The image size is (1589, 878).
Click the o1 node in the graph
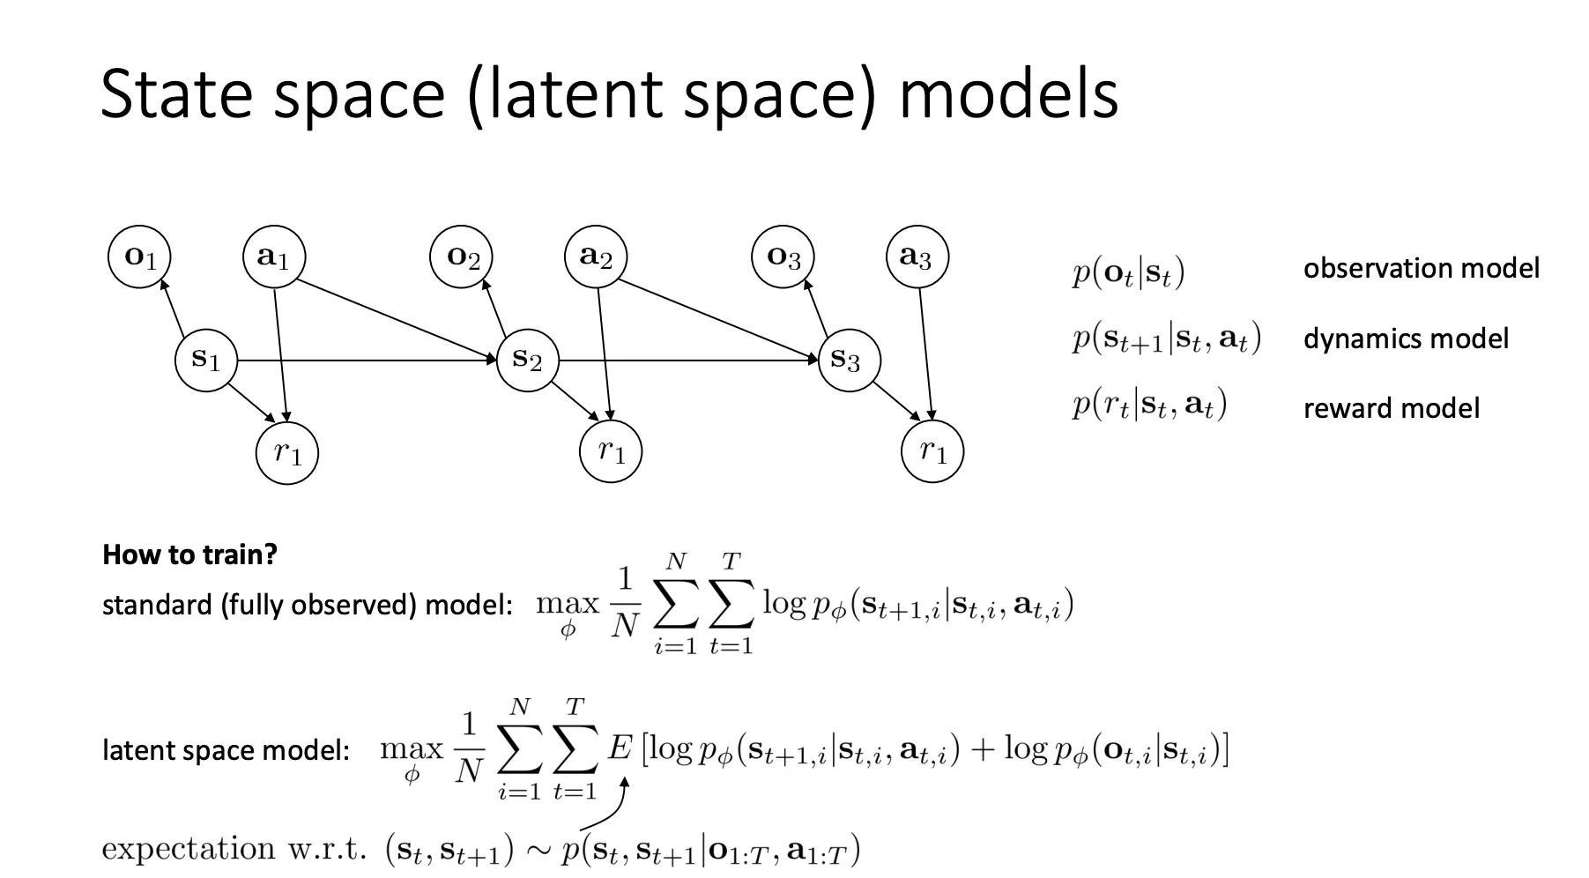tap(139, 257)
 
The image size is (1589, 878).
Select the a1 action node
tap(273, 257)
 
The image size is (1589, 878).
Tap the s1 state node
tap(206, 360)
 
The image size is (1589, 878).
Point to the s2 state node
tap(527, 360)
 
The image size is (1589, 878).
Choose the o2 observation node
tap(462, 257)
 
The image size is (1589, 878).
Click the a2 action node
tap(596, 257)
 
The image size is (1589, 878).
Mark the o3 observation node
tap(783, 257)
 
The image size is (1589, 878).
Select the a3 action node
tap(917, 257)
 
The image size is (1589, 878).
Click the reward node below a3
tap(932, 452)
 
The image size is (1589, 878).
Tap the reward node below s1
tap(286, 452)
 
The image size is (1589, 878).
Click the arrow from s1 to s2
tap(366, 361)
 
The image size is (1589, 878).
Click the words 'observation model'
tap(1421, 269)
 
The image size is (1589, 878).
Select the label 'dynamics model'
tap(1405, 339)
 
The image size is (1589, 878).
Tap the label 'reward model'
tap(1391, 408)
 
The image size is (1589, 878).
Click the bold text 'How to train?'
tap(189, 554)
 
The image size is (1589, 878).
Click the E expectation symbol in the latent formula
tap(620, 748)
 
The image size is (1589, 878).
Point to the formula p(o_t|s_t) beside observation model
tap(1128, 272)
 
